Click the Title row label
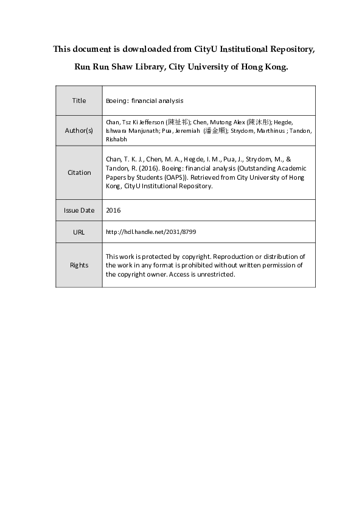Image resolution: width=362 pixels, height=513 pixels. pos(78,101)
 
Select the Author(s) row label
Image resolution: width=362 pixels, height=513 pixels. pos(78,130)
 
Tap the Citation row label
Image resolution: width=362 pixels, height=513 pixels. pos(78,172)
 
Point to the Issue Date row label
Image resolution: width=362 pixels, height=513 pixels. pos(78,210)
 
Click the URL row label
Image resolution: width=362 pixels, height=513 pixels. pos(78,232)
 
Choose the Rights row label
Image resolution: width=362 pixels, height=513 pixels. pos(78,265)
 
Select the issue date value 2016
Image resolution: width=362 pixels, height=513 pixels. pos(114,210)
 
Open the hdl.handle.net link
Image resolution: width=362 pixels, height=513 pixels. pos(151,232)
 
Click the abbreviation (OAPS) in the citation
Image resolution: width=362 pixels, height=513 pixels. pos(174,177)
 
